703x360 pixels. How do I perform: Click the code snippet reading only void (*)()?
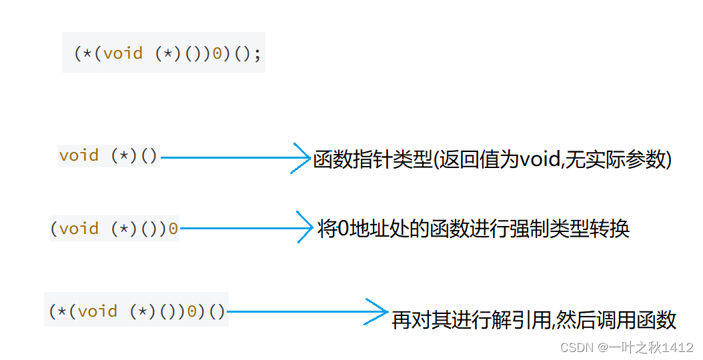(x=108, y=156)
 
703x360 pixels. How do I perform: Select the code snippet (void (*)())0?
(x=114, y=229)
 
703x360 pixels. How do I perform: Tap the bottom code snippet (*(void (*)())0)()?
(x=137, y=311)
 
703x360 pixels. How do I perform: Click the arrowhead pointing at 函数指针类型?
(x=303, y=158)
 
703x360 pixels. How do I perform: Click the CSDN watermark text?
(x=576, y=348)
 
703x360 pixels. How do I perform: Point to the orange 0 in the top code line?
(x=217, y=53)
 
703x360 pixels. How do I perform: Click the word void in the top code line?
(x=123, y=53)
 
